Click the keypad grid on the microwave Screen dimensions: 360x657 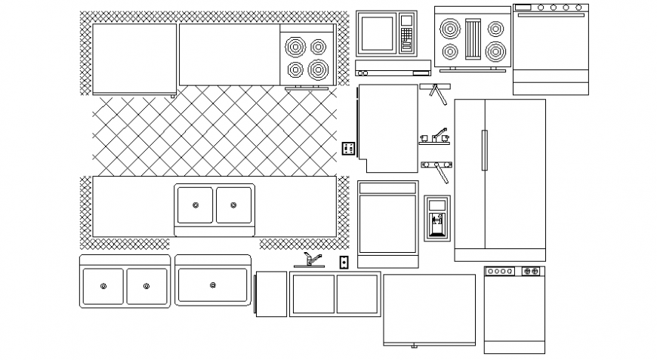pos(407,35)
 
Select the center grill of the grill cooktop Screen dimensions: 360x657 pos(473,40)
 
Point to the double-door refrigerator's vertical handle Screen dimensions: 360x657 pos(484,149)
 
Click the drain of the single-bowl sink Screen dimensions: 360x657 pos(213,285)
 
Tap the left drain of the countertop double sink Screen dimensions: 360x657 pos(196,205)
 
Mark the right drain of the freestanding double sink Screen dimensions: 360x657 pos(146,286)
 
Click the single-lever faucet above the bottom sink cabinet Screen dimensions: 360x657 pos(308,261)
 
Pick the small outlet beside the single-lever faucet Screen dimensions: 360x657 pos(344,262)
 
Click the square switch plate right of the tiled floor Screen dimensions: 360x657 pos(348,148)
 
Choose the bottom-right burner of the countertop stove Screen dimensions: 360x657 pos(318,70)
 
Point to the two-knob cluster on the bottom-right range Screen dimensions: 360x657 pos(530,270)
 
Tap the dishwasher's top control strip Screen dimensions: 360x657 pos(387,187)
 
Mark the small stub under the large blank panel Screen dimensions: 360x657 pos(413,346)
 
